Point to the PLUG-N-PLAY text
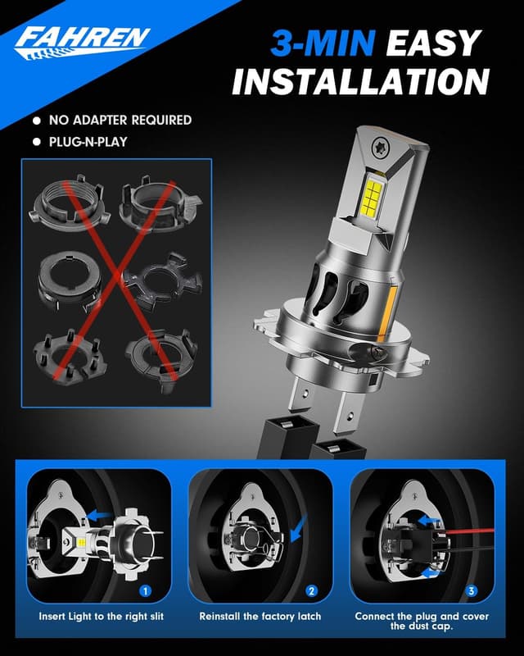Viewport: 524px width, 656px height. point(93,141)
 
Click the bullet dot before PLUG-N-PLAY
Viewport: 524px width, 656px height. point(36,142)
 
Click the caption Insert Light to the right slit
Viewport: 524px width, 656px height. point(99,616)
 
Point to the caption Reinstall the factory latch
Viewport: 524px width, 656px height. point(260,616)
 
